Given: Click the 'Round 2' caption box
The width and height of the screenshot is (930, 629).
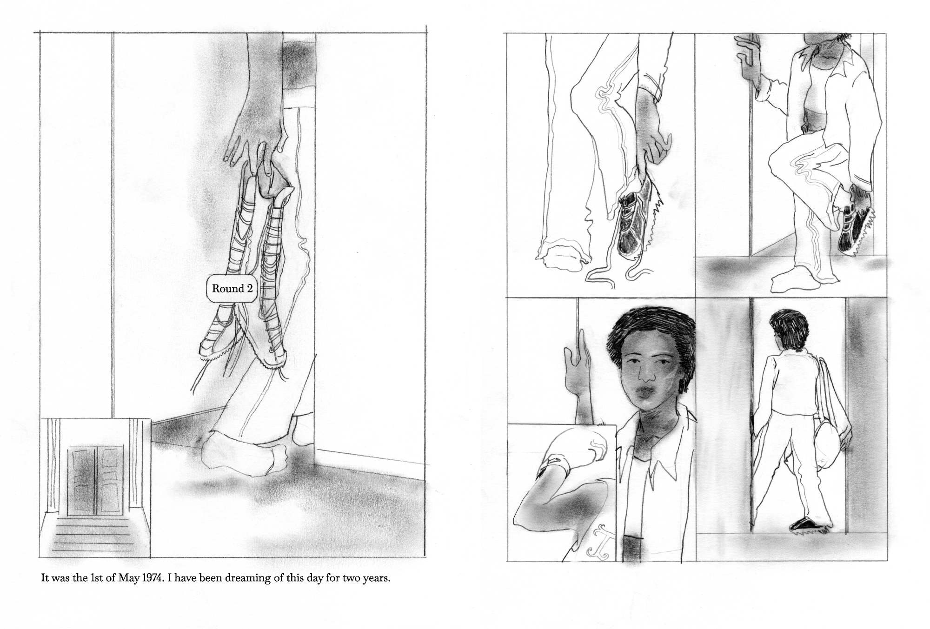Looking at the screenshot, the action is coord(232,289).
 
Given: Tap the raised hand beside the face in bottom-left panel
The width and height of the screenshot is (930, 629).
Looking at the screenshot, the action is coord(577,377).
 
